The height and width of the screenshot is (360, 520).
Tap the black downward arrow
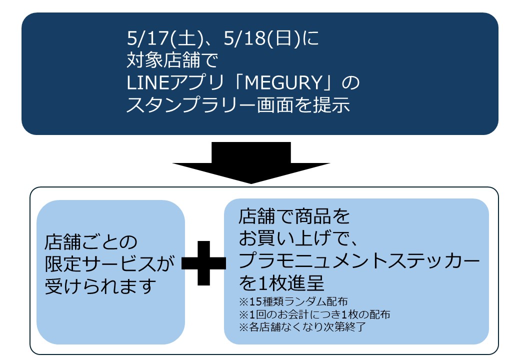[x=251, y=165]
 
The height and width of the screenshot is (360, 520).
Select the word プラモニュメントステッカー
[x=358, y=261]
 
